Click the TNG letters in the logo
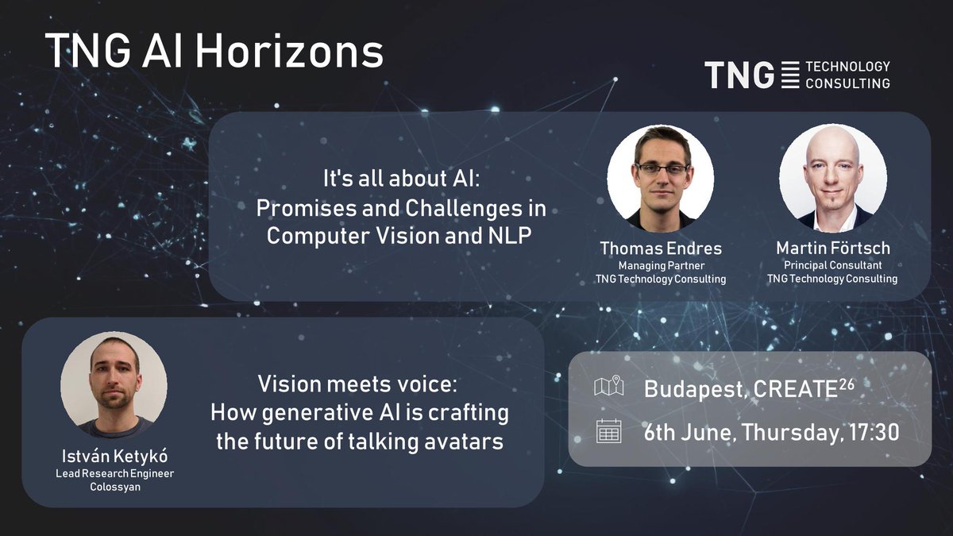pyautogui.click(x=739, y=75)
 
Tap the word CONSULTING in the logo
pyautogui.click(x=847, y=83)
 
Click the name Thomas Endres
pyautogui.click(x=661, y=249)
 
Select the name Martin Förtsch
pyautogui.click(x=832, y=249)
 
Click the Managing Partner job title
pyautogui.click(x=661, y=265)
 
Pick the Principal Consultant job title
pyautogui.click(x=832, y=265)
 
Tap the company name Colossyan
pyautogui.click(x=114, y=487)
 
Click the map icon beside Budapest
pyautogui.click(x=608, y=388)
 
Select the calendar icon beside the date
pyautogui.click(x=608, y=431)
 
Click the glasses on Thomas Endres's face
pyautogui.click(x=661, y=169)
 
